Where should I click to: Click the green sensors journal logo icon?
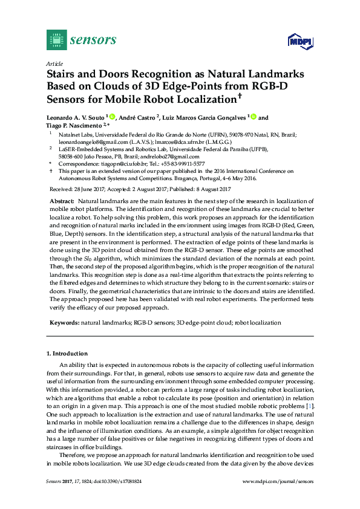56,40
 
